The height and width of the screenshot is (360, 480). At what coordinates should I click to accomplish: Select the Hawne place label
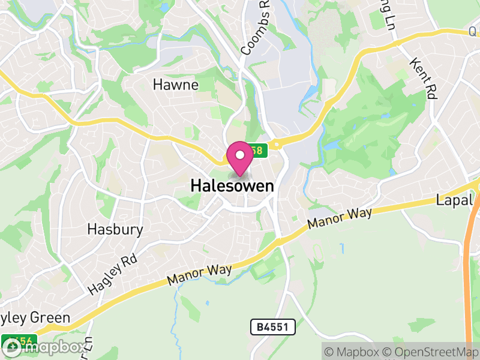pyautogui.click(x=175, y=85)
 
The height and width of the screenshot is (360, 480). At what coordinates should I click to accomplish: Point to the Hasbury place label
pyautogui.click(x=115, y=229)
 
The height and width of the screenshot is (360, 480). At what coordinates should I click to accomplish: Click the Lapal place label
pyautogui.click(x=455, y=200)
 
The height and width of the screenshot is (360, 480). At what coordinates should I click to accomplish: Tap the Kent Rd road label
pyautogui.click(x=424, y=79)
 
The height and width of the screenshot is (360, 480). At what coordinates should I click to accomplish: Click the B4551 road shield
pyautogui.click(x=273, y=327)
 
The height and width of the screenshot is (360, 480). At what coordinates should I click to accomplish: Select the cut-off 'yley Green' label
pyautogui.click(x=36, y=317)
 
